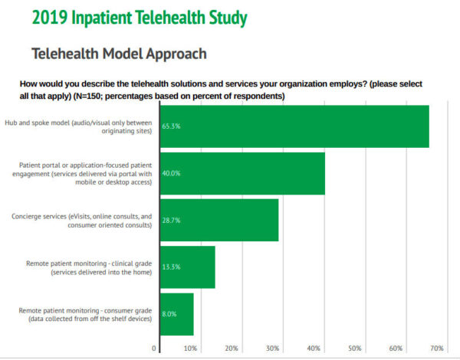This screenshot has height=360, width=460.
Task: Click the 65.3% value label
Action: tap(171, 126)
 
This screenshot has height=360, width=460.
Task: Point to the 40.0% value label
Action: tap(171, 174)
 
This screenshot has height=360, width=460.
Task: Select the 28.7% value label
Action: tap(171, 221)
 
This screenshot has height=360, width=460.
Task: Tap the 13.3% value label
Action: tap(171, 267)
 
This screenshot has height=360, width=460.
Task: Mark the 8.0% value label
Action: tap(169, 314)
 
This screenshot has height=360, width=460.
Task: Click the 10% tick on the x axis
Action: tap(191, 349)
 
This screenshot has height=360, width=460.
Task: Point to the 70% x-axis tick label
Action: tap(436, 349)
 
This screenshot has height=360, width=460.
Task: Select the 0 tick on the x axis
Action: tap(155, 349)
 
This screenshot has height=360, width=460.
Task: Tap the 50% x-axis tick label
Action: tap(354, 349)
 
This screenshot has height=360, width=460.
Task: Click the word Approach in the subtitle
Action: tap(181, 54)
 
